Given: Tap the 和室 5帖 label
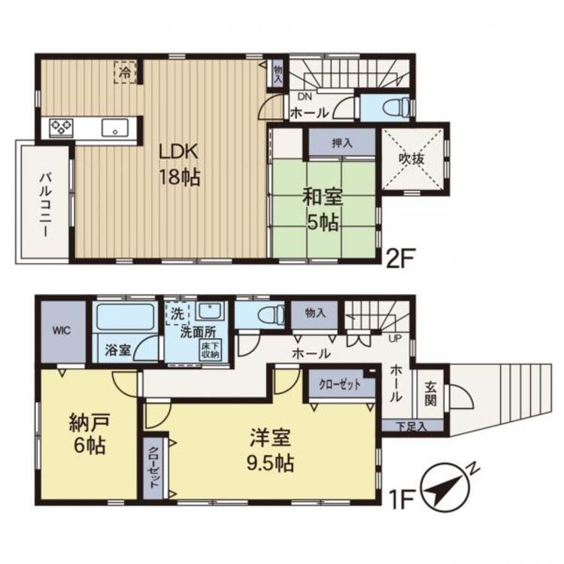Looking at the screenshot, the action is [x=322, y=211].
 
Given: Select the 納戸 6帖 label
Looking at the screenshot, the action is [x=89, y=434].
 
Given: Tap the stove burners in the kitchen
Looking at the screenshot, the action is [x=61, y=128].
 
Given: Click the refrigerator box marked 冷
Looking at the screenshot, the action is [x=126, y=73].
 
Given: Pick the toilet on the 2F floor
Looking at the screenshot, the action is [x=396, y=107].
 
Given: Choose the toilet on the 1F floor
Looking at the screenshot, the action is [x=271, y=314].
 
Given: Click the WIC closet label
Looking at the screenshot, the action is [x=62, y=331].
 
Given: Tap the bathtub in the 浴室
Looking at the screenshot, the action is [x=126, y=317].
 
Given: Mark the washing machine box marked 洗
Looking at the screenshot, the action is [x=177, y=314].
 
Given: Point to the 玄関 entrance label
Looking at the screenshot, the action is [x=430, y=393].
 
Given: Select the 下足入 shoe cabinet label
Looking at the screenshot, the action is [x=411, y=426].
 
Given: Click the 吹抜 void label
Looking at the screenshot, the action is [x=411, y=159].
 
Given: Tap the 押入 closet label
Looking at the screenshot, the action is [x=341, y=143].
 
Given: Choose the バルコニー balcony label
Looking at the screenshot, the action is [x=45, y=205].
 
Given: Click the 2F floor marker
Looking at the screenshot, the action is [x=400, y=259].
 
